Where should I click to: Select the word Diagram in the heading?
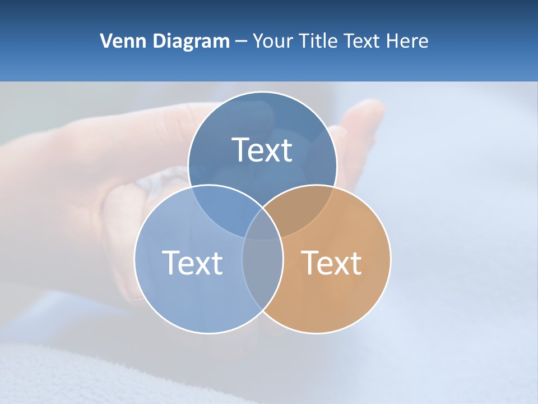tap(191, 41)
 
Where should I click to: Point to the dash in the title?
tap(241, 42)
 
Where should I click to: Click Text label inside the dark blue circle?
tap(262, 150)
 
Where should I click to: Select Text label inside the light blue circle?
tap(192, 263)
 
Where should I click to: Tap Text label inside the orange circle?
tap(331, 263)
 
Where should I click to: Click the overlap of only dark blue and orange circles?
tap(300, 210)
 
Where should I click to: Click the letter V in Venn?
tap(106, 41)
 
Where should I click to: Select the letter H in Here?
tap(395, 41)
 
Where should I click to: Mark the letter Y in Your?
tap(258, 41)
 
